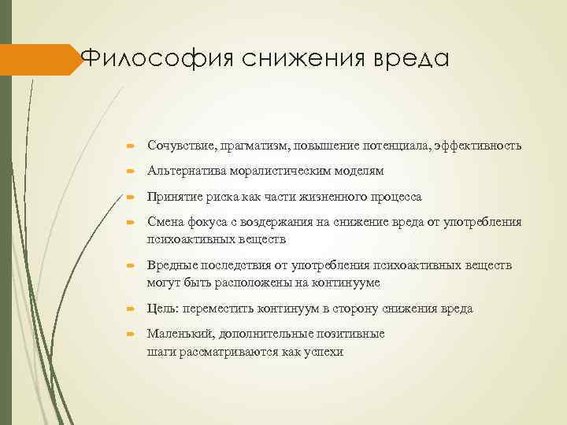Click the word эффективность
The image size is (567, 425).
pyautogui.click(x=476, y=146)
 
